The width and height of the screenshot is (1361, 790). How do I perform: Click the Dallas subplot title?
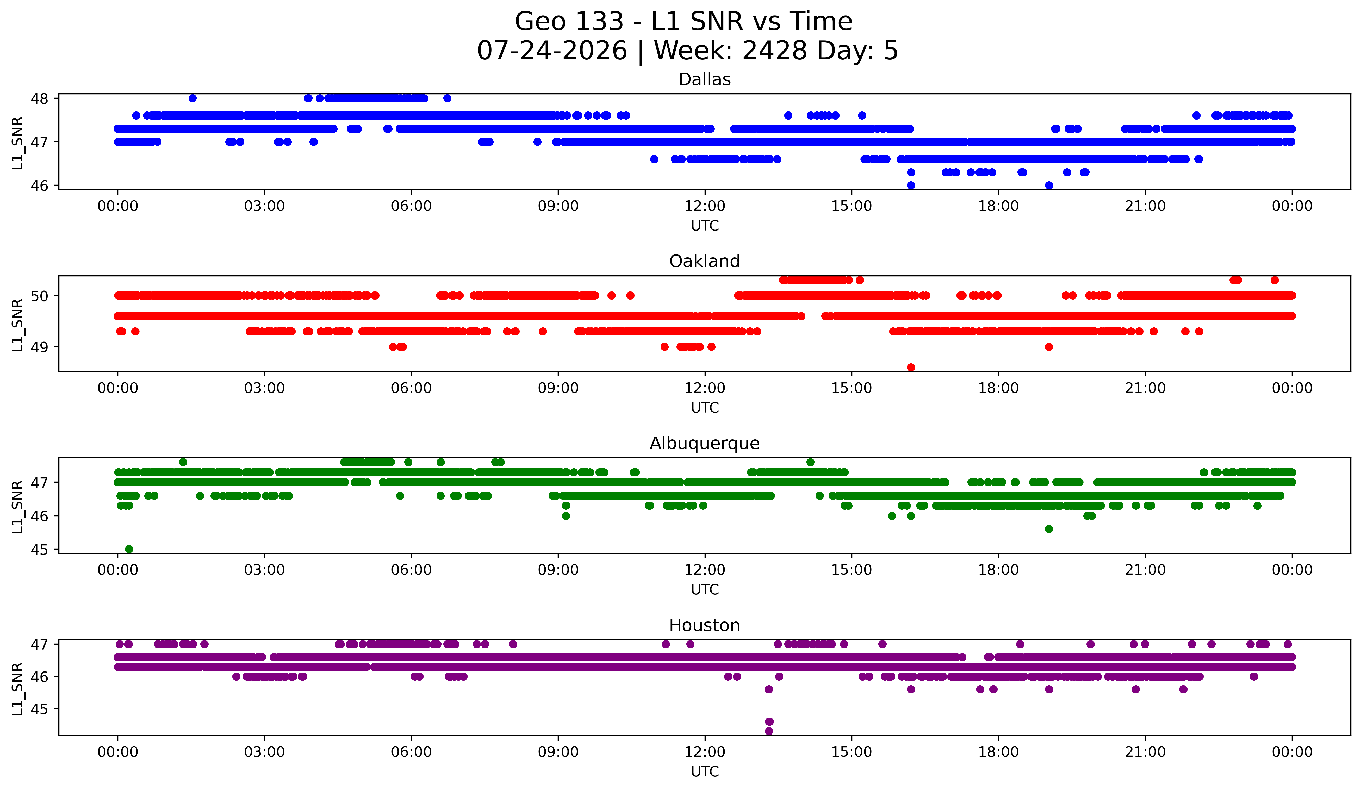704,79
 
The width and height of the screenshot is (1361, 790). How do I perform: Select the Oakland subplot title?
704,261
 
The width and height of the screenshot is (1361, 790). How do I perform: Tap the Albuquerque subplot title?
704,443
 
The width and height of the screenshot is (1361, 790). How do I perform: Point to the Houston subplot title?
704,625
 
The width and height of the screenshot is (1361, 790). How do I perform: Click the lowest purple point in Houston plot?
769,731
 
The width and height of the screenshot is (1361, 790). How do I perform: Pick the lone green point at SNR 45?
129,549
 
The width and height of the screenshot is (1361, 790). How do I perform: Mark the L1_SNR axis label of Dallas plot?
17,142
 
